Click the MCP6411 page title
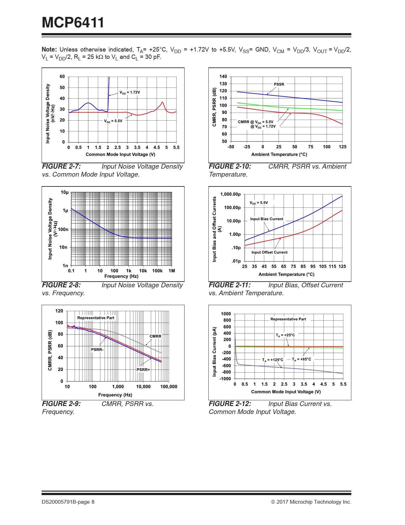click(x=73, y=23)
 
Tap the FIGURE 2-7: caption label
click(x=61, y=166)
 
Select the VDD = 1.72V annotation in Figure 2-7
click(x=130, y=92)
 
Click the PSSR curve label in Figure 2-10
click(x=279, y=84)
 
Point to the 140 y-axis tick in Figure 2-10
click(x=223, y=76)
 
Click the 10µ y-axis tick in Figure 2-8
click(x=64, y=192)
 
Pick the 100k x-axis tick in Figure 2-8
click(x=157, y=271)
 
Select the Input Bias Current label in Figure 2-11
click(x=267, y=219)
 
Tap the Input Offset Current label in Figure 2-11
click(x=269, y=252)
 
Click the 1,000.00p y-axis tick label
click(x=230, y=194)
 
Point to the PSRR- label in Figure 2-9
click(x=97, y=350)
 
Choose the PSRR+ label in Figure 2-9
click(x=143, y=370)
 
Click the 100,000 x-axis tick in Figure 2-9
click(x=169, y=387)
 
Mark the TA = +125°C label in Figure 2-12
click(x=273, y=360)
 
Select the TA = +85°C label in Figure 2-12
click(x=301, y=359)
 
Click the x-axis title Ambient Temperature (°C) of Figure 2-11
click(x=286, y=274)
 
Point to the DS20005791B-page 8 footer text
click(x=68, y=502)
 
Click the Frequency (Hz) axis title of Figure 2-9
click(x=115, y=395)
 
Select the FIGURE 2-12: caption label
click(x=230, y=404)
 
